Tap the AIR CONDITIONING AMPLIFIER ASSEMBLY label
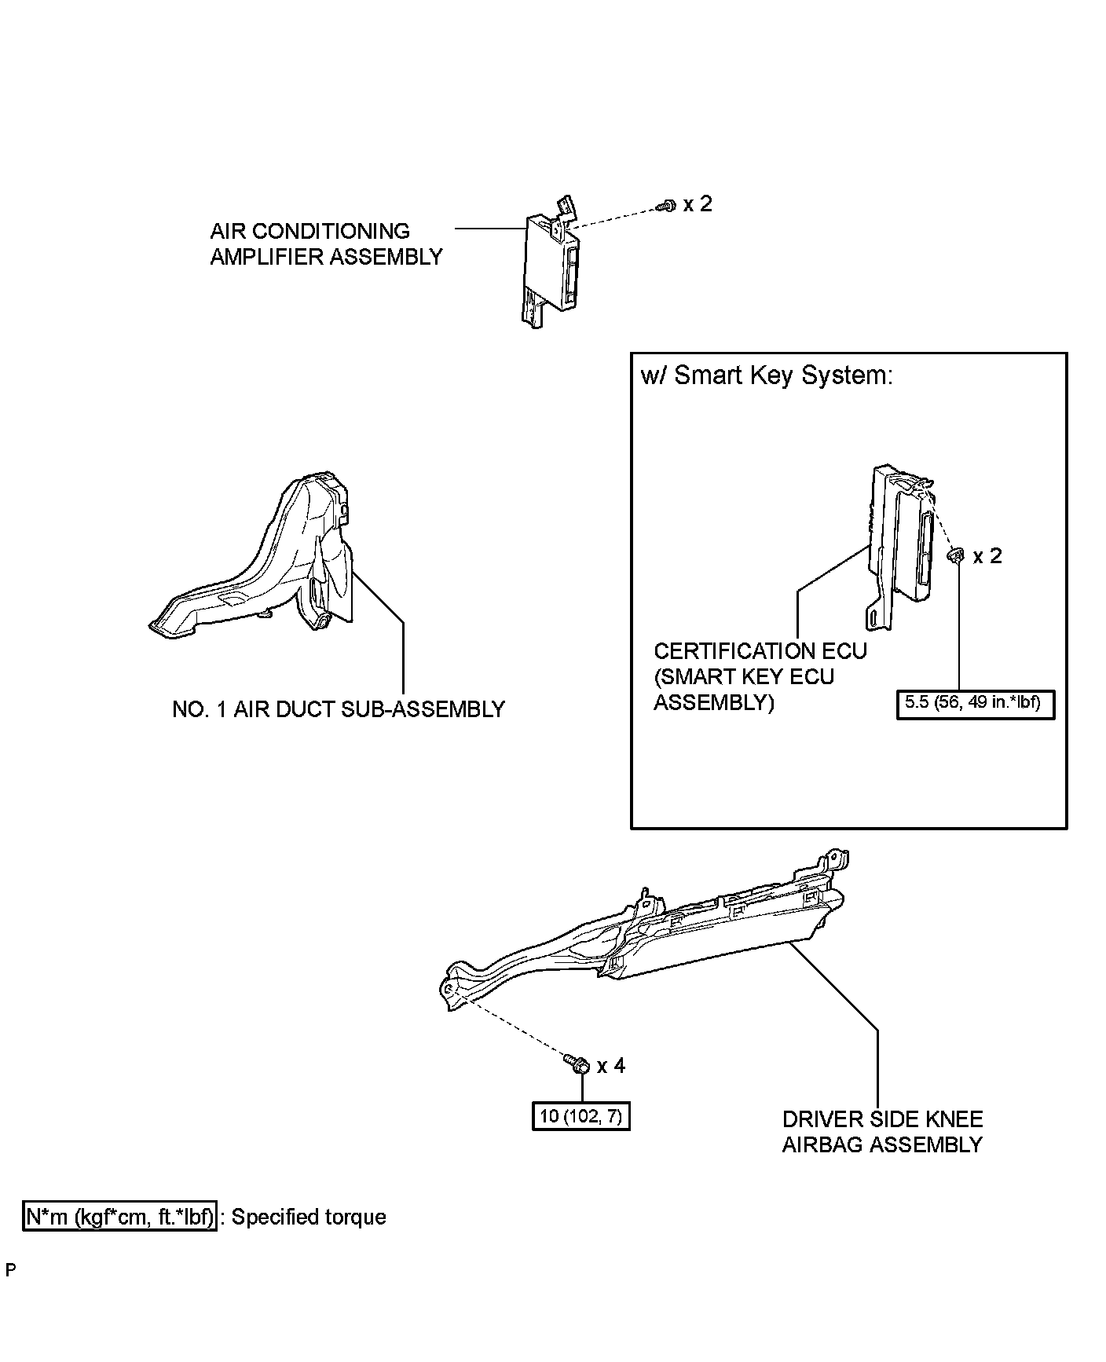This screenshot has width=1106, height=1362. [x=326, y=243]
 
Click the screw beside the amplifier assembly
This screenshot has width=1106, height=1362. [x=665, y=207]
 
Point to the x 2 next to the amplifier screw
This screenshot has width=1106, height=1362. [x=698, y=204]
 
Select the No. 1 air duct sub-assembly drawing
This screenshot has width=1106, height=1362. [x=267, y=562]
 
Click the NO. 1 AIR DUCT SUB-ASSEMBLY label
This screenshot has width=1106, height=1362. [x=339, y=709]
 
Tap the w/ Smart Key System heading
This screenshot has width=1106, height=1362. [x=767, y=375]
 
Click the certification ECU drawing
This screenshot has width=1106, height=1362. [x=899, y=542]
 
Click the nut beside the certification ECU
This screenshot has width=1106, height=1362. [x=956, y=556]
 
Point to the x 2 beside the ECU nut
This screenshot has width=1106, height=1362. [x=987, y=556]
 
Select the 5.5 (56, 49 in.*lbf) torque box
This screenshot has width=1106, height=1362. [x=975, y=703]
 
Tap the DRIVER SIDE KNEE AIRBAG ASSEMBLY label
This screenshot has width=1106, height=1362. [x=882, y=1132]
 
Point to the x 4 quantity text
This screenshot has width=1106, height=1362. [x=611, y=1066]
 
